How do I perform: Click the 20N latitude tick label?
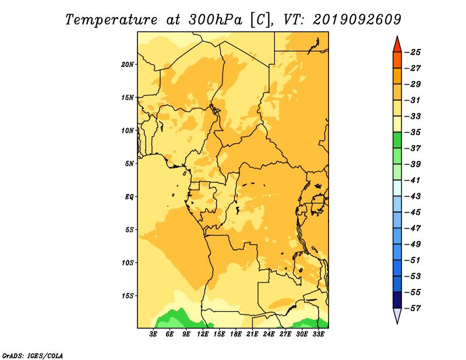(127, 65)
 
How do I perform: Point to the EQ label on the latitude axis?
(129, 197)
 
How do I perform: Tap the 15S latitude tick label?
(127, 296)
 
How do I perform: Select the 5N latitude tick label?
(129, 164)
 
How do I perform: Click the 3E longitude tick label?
(153, 334)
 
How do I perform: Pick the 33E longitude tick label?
(318, 334)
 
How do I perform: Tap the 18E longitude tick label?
(236, 334)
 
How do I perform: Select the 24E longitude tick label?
(269, 334)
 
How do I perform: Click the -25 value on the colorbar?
(413, 52)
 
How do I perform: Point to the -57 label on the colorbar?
(413, 308)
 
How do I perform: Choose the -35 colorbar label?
(413, 132)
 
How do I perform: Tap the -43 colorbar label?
(413, 196)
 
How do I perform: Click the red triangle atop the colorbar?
(397, 45)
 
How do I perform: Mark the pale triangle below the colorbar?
(397, 315)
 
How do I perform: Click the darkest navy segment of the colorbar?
(397, 300)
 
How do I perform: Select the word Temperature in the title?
(111, 20)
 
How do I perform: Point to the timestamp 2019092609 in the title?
(357, 20)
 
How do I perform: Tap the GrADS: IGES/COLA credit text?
(33, 356)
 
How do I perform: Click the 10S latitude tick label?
(127, 263)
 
